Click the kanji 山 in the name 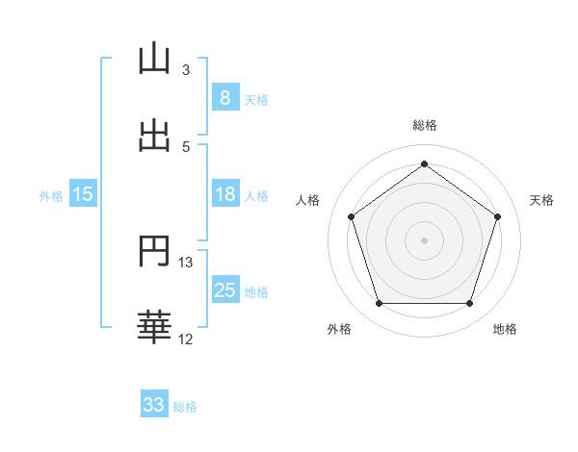click(x=154, y=59)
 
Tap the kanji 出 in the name click(x=154, y=136)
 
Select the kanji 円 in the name click(x=154, y=252)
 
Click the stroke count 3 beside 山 click(x=185, y=70)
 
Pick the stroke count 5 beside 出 click(x=185, y=147)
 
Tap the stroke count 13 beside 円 click(x=186, y=263)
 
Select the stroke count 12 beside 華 click(x=186, y=339)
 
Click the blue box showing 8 click(x=224, y=98)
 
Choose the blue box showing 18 click(x=224, y=194)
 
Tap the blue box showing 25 click(x=224, y=290)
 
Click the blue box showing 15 click(x=83, y=194)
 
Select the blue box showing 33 click(x=154, y=405)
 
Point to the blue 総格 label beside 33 click(x=185, y=407)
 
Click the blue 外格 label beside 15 click(x=51, y=196)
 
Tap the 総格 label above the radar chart click(x=425, y=126)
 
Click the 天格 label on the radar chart click(x=542, y=200)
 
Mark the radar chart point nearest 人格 click(x=351, y=216)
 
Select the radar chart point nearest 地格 click(x=470, y=304)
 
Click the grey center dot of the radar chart click(x=425, y=239)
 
